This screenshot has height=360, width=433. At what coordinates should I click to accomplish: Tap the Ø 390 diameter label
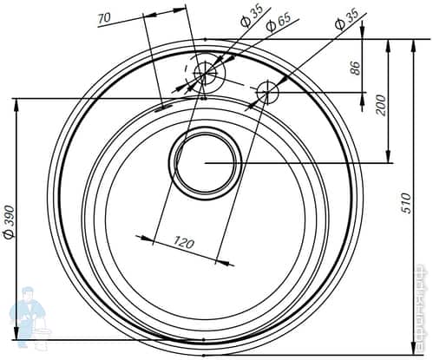[x=10, y=222]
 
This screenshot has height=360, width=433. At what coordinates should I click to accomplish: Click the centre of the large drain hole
[x=207, y=162]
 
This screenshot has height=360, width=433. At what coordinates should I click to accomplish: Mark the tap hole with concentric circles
[x=206, y=75]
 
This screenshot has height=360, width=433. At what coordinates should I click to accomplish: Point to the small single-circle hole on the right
[x=268, y=89]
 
